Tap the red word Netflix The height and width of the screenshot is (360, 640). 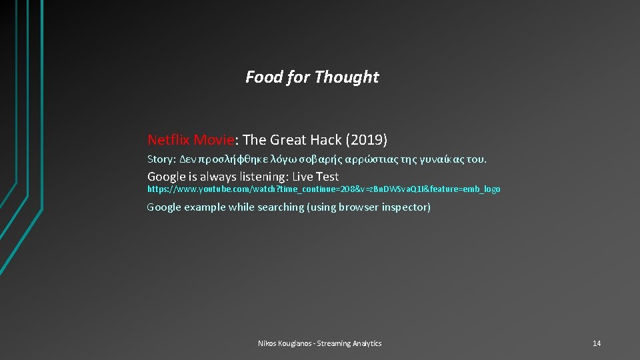tap(169, 140)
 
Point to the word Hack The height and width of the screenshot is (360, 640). tap(326, 140)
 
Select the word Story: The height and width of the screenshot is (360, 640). tap(161, 160)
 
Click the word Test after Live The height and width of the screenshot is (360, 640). tap(325, 177)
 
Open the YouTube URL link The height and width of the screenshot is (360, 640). tap(323, 189)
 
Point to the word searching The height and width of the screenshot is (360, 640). tap(275, 207)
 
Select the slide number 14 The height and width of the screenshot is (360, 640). tap(597, 343)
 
